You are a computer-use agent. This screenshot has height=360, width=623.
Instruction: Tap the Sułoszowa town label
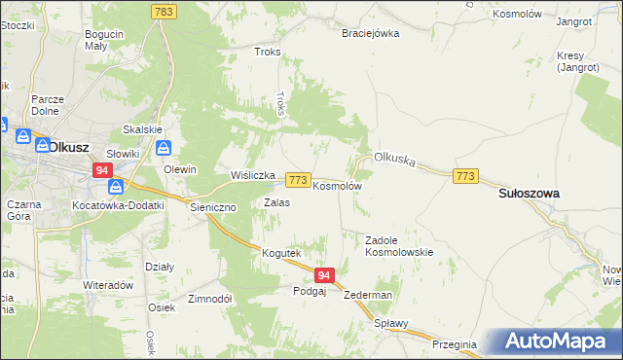[x=529, y=194]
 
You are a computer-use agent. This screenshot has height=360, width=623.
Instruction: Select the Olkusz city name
[x=69, y=147]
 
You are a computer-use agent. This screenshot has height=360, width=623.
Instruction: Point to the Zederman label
[x=368, y=295]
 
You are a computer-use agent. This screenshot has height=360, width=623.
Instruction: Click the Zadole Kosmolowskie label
[x=398, y=245]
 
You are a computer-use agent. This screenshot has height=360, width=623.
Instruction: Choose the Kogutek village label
[x=281, y=253]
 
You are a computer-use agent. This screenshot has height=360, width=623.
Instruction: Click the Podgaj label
[x=309, y=291]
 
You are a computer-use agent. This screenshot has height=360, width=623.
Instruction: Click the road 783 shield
[x=164, y=11]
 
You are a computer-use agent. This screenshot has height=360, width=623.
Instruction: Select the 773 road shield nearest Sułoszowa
[x=465, y=175]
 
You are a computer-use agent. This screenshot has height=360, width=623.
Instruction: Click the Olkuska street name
[x=395, y=160]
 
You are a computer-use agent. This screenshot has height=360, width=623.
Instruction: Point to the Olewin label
[x=180, y=169]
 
